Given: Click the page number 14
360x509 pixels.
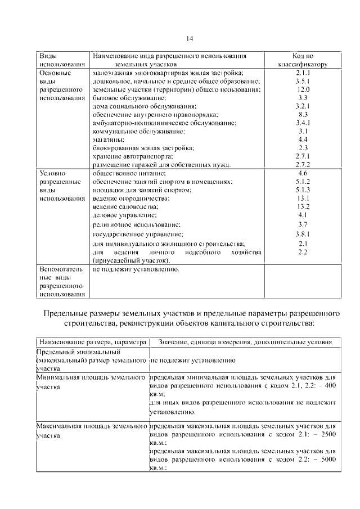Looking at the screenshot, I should point(189,38).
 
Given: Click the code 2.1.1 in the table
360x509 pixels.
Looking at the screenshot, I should point(303,74).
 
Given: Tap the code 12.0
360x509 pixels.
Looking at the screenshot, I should point(303,89).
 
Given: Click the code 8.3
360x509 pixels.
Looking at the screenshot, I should point(303,114).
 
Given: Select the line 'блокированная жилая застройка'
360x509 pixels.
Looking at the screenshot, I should point(143,147).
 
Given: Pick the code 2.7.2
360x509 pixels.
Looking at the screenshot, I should point(303,164).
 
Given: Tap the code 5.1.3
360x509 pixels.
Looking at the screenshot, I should point(303,190).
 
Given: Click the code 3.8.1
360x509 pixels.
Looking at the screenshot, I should point(303,233).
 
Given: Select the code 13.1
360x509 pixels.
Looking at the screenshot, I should point(303,199).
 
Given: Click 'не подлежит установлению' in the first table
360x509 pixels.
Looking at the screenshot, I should point(136,269).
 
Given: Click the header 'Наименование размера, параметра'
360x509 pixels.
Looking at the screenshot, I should point(92,342).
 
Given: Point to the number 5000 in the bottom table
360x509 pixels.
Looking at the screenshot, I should point(326,459).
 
